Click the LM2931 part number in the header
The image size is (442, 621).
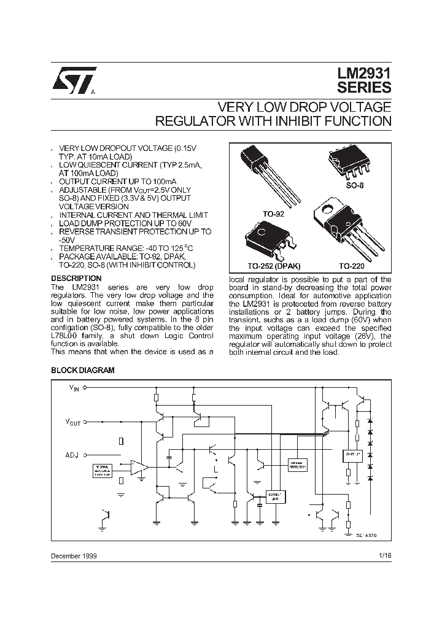click(x=363, y=72)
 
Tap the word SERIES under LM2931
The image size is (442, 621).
click(x=363, y=88)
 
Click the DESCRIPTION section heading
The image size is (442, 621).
click(x=76, y=278)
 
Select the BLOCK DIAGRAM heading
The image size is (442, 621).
click(x=82, y=371)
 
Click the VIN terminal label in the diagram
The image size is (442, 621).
click(x=73, y=388)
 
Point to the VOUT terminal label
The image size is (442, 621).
click(x=73, y=422)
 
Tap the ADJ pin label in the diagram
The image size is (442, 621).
click(x=72, y=455)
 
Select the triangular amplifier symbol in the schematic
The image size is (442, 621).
click(x=139, y=468)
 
